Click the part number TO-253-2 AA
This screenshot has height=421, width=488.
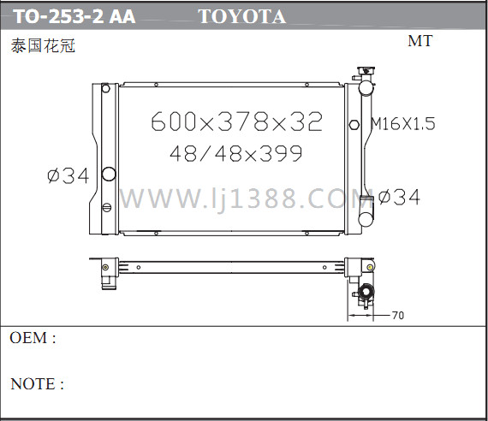pos(74,16)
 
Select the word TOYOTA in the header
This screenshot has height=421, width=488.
pos(242,16)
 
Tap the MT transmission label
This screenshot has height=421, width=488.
pos(420,41)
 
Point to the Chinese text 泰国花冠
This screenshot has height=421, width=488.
pos(43,45)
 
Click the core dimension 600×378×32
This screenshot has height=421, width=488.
pos(236,122)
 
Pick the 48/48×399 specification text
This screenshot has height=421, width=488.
pos(236,153)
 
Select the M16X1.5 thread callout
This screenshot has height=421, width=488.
pos(402,123)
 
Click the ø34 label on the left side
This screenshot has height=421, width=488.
pos(68,175)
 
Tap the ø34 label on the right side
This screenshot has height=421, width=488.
pos(400,197)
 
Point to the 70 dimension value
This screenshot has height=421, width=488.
pos(398,315)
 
